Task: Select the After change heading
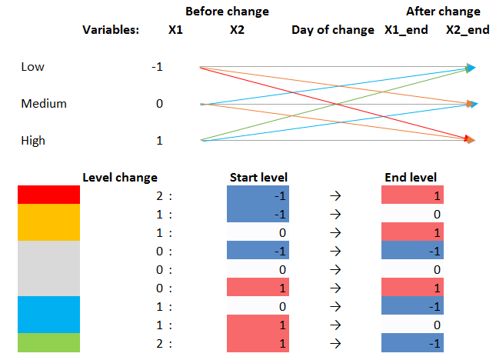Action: point(443,12)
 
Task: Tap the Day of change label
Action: point(332,30)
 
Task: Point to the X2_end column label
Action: point(468,30)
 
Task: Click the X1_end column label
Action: point(406,30)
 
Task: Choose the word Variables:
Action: point(112,30)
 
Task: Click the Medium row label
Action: point(44,103)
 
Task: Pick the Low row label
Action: point(32,67)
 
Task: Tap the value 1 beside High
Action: point(159,140)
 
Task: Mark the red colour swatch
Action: point(48,195)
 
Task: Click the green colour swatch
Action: point(48,343)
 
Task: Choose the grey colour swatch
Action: point(48,269)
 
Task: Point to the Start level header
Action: point(258,178)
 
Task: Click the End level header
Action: point(411,178)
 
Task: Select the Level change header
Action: point(120,178)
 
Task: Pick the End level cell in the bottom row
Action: point(412,343)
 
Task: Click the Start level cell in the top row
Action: point(258,195)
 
